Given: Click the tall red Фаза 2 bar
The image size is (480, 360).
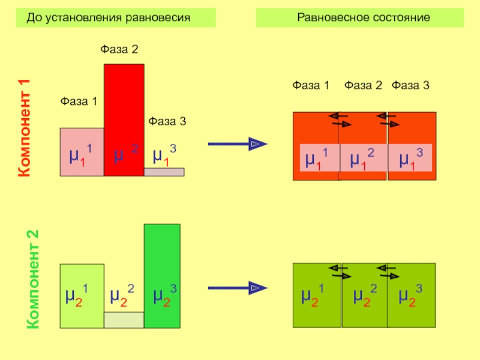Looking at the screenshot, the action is (x=124, y=120).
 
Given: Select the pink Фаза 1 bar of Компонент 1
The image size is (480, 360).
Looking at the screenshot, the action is (x=82, y=152).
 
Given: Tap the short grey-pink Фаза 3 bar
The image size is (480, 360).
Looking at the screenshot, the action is (x=164, y=172).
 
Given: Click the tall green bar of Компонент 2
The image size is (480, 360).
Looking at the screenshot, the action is (x=162, y=276).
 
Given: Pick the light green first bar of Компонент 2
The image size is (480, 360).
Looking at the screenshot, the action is (x=82, y=296).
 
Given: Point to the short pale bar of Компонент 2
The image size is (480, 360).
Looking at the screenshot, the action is (x=124, y=320).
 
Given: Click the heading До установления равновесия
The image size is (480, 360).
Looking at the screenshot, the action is (x=109, y=18).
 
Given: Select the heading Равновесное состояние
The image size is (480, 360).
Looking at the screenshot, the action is (x=364, y=17).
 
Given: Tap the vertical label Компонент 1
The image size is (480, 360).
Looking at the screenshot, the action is (x=24, y=128).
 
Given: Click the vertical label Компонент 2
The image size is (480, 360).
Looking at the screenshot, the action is (x=33, y=279).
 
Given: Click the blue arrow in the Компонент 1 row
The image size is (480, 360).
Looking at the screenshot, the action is (x=238, y=144).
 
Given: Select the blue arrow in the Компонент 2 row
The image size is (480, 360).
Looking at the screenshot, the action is (x=238, y=288).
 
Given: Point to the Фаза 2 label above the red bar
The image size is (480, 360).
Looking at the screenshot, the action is (x=119, y=49).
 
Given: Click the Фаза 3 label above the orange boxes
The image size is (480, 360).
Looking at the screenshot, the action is (x=410, y=85).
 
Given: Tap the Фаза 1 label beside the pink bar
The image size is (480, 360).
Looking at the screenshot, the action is (x=79, y=101).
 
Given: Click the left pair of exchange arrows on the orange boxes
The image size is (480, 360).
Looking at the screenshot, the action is (x=340, y=120).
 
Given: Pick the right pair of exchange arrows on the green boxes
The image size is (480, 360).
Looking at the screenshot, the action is (x=388, y=272).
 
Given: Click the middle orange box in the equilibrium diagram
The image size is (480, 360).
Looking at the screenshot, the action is (x=362, y=146).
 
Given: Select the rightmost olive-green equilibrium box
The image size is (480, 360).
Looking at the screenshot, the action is (x=412, y=295).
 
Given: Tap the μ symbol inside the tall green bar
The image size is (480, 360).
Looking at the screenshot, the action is (x=158, y=296).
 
